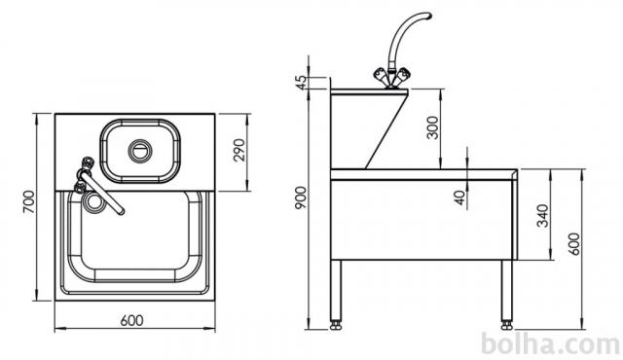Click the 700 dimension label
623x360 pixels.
(x=29, y=201)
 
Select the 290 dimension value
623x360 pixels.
(x=239, y=150)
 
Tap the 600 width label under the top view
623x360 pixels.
(x=131, y=320)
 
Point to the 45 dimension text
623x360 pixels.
(x=302, y=83)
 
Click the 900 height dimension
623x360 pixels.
(x=301, y=198)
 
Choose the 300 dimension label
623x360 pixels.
(x=432, y=127)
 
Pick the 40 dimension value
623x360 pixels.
(x=459, y=198)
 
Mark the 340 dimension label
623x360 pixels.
(x=543, y=216)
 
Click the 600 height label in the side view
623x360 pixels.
(x=574, y=244)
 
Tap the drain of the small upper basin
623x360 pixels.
(x=140, y=151)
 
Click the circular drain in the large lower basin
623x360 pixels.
(x=94, y=201)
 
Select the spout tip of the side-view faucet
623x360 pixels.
(x=427, y=16)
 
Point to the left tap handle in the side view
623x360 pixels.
(x=381, y=74)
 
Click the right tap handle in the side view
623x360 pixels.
(x=403, y=74)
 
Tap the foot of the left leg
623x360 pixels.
(x=336, y=325)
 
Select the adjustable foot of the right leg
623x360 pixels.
(x=506, y=325)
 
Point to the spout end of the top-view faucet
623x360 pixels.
(x=120, y=211)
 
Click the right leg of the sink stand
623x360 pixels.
(x=506, y=291)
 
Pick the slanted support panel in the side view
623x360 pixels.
(x=387, y=129)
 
